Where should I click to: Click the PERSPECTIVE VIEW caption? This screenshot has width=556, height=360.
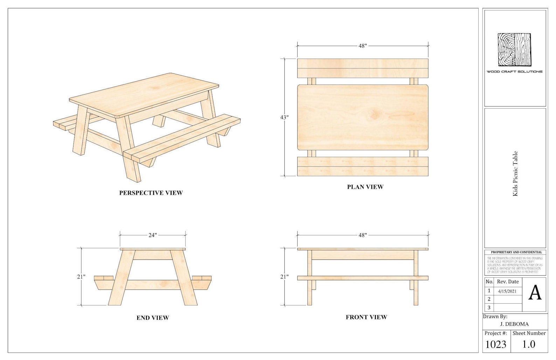(x=151, y=193)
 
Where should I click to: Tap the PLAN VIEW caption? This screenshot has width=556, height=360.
(x=365, y=187)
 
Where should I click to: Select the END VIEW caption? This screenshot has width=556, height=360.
(x=153, y=318)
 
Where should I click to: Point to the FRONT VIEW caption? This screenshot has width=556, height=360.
(x=366, y=317)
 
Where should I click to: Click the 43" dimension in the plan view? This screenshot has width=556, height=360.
(x=284, y=117)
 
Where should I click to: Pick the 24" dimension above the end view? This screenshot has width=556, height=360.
(x=153, y=235)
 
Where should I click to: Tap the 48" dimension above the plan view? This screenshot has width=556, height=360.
(x=363, y=46)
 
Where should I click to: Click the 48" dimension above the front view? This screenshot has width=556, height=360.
(x=363, y=235)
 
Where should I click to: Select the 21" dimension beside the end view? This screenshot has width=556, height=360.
(x=81, y=277)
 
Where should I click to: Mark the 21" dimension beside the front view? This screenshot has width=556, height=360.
(x=284, y=277)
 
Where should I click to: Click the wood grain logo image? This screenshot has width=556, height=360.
(x=514, y=50)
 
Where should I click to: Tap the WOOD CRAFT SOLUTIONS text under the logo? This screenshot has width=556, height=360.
(x=514, y=72)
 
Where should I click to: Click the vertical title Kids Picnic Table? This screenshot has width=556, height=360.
(x=515, y=174)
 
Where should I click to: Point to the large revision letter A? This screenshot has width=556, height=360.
(x=535, y=293)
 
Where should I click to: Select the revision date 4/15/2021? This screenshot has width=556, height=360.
(x=507, y=291)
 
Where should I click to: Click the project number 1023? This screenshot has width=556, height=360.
(x=496, y=345)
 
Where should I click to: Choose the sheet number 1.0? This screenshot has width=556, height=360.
(x=529, y=344)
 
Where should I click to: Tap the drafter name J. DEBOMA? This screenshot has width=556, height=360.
(x=514, y=324)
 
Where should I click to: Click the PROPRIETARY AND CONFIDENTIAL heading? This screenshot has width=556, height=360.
(x=516, y=252)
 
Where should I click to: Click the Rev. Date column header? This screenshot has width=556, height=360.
(x=508, y=282)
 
